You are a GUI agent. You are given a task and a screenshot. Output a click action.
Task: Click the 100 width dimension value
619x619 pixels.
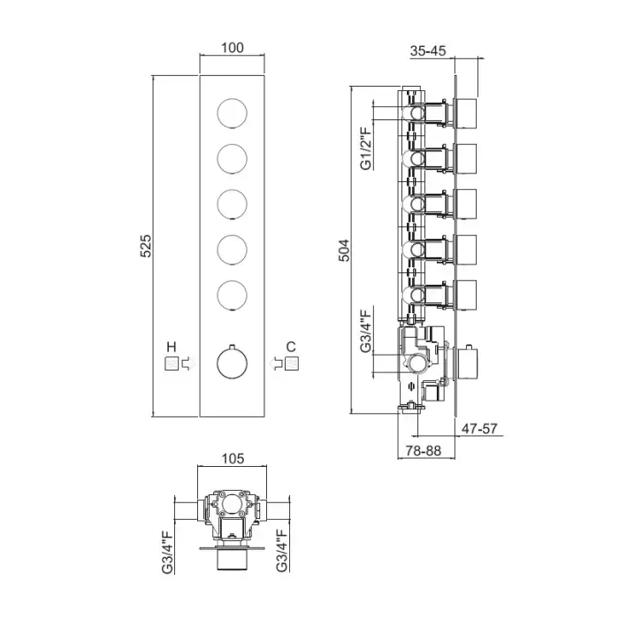[x=232, y=48]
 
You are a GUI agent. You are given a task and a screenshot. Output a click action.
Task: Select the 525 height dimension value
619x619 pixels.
[x=146, y=246]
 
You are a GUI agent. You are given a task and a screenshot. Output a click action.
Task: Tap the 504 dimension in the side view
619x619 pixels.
[x=344, y=250]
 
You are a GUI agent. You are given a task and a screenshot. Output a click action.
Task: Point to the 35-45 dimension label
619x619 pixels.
[x=428, y=51]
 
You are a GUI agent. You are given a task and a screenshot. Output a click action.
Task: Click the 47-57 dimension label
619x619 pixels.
[x=479, y=428]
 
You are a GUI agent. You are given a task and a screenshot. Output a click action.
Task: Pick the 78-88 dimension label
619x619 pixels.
[x=424, y=450]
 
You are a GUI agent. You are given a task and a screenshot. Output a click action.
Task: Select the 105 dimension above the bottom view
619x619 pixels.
[x=233, y=459]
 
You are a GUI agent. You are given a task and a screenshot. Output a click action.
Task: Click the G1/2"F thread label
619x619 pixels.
[x=366, y=148]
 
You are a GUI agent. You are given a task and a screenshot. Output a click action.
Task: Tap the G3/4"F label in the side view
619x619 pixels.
[x=366, y=331]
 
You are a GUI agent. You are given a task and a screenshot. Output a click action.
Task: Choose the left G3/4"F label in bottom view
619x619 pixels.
[x=167, y=553]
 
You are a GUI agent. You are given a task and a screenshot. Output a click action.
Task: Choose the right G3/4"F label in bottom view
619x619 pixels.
[x=281, y=550]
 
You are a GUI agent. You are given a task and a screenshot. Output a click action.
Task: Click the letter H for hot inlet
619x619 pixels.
[x=172, y=347]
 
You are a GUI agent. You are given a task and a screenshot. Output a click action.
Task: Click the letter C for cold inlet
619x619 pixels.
[x=291, y=347]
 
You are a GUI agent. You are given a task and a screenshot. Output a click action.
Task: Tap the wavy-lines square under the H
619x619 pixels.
[x=172, y=363]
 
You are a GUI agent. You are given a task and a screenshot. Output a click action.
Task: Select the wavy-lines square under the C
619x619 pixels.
[x=292, y=363]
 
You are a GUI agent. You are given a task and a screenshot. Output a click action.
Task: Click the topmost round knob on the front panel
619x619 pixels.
[x=232, y=113]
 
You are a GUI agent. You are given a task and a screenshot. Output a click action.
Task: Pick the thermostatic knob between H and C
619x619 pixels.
[x=232, y=362]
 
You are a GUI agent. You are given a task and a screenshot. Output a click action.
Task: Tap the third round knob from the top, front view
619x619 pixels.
[x=232, y=204]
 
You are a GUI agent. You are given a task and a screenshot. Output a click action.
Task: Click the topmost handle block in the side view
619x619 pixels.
[x=466, y=114]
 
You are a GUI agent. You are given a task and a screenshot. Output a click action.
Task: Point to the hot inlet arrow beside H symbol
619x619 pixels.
[x=187, y=363]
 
